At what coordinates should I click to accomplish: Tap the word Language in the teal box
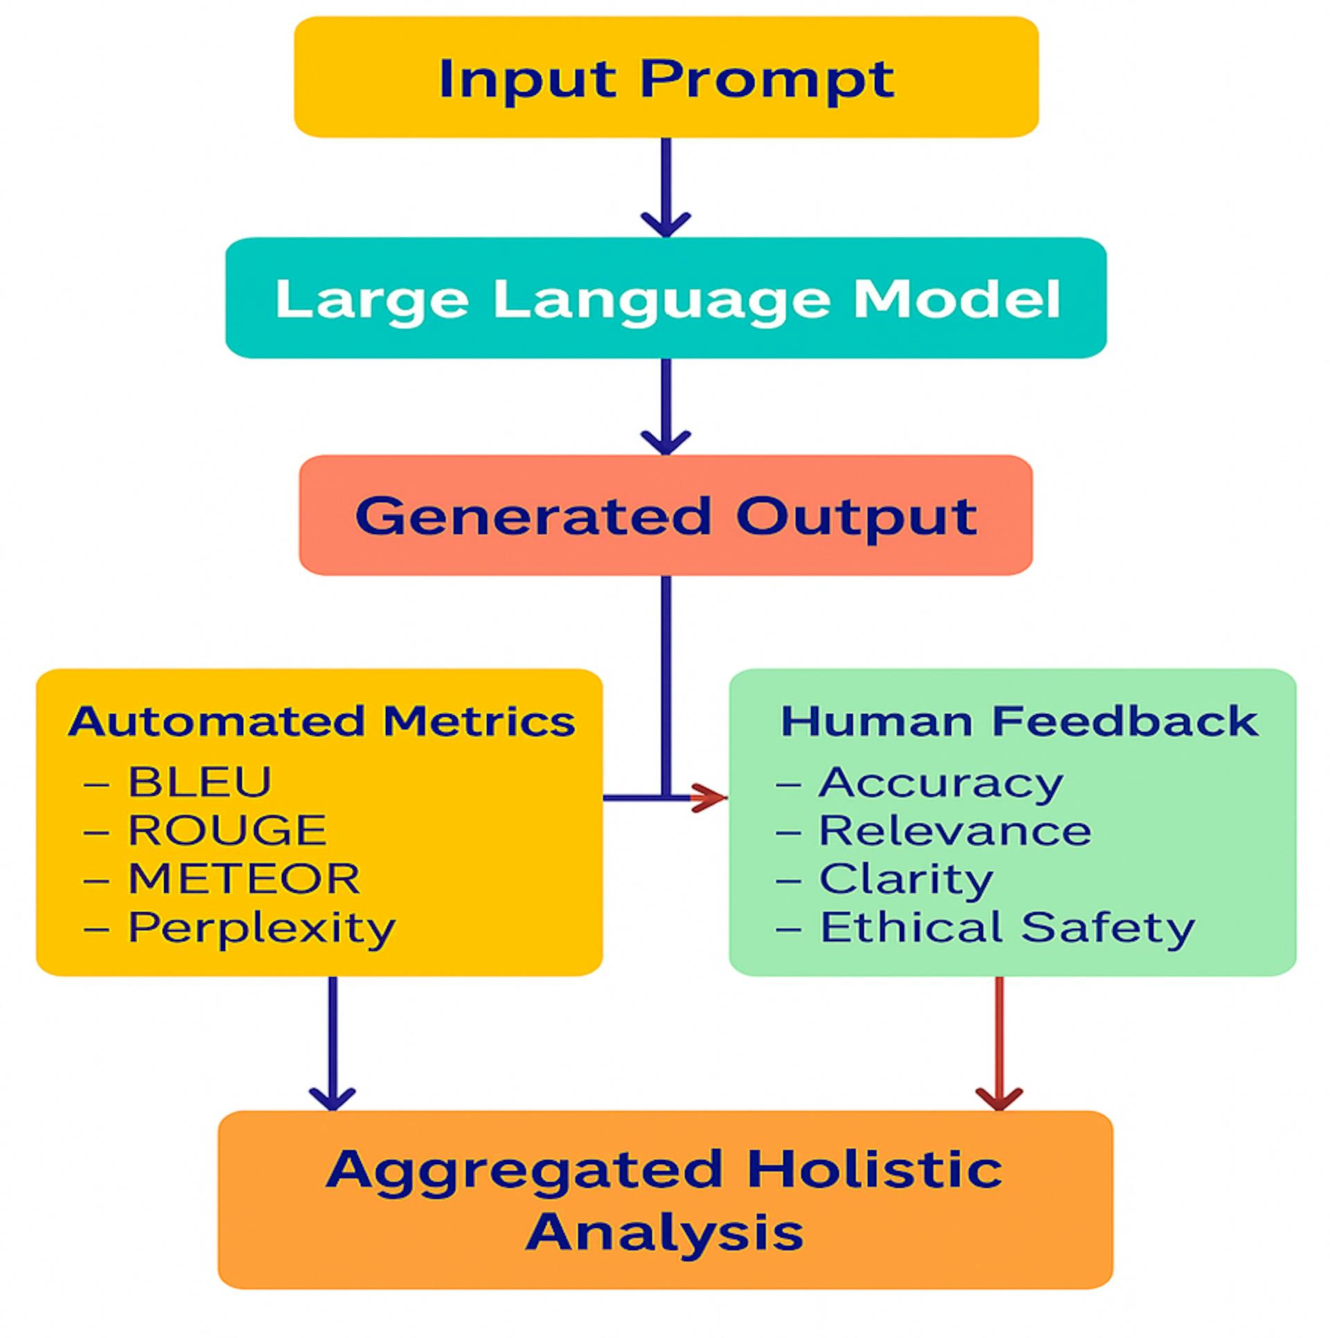(x=662, y=299)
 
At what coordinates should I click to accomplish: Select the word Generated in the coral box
(x=533, y=516)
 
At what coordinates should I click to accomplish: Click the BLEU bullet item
(x=199, y=782)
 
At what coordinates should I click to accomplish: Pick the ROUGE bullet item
(x=227, y=830)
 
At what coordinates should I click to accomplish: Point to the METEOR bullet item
(x=244, y=879)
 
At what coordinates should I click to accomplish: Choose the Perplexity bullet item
(x=261, y=927)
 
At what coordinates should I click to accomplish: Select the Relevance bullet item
(x=955, y=830)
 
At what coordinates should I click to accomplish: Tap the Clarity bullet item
(x=905, y=880)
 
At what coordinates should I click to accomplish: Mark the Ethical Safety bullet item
(x=1007, y=927)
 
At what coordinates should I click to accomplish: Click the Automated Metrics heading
(x=321, y=721)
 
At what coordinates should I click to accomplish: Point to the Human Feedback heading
(x=1019, y=721)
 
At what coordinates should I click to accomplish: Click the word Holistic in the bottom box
(x=874, y=1169)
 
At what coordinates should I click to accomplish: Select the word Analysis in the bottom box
(x=664, y=1232)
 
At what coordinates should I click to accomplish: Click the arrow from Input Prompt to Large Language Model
(x=666, y=187)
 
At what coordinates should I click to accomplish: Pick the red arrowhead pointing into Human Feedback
(x=708, y=798)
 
